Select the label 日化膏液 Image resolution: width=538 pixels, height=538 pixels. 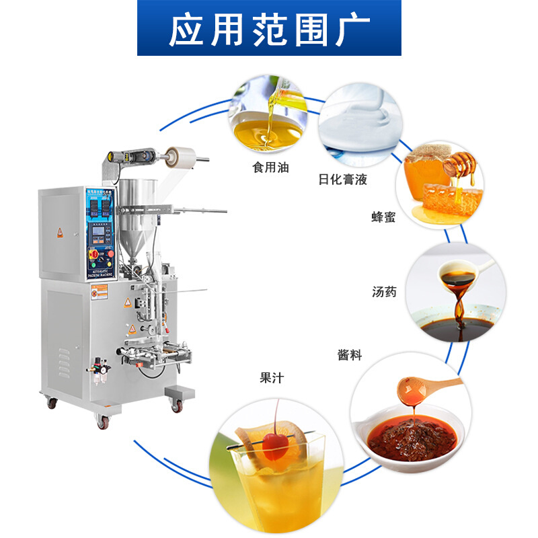(343, 180)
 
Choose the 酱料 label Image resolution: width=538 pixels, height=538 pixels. (349, 355)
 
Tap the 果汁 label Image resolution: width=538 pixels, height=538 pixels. (272, 378)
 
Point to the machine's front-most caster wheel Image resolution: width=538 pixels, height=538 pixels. (103, 422)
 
